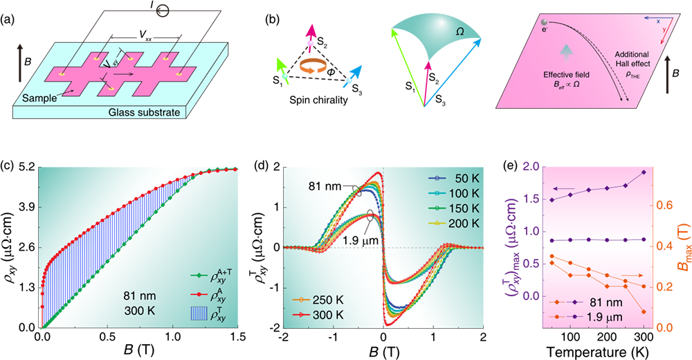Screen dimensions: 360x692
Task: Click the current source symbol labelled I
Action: (x=125, y=10)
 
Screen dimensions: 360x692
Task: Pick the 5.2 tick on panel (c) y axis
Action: (x=25, y=168)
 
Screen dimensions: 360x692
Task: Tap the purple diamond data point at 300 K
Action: (x=644, y=172)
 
